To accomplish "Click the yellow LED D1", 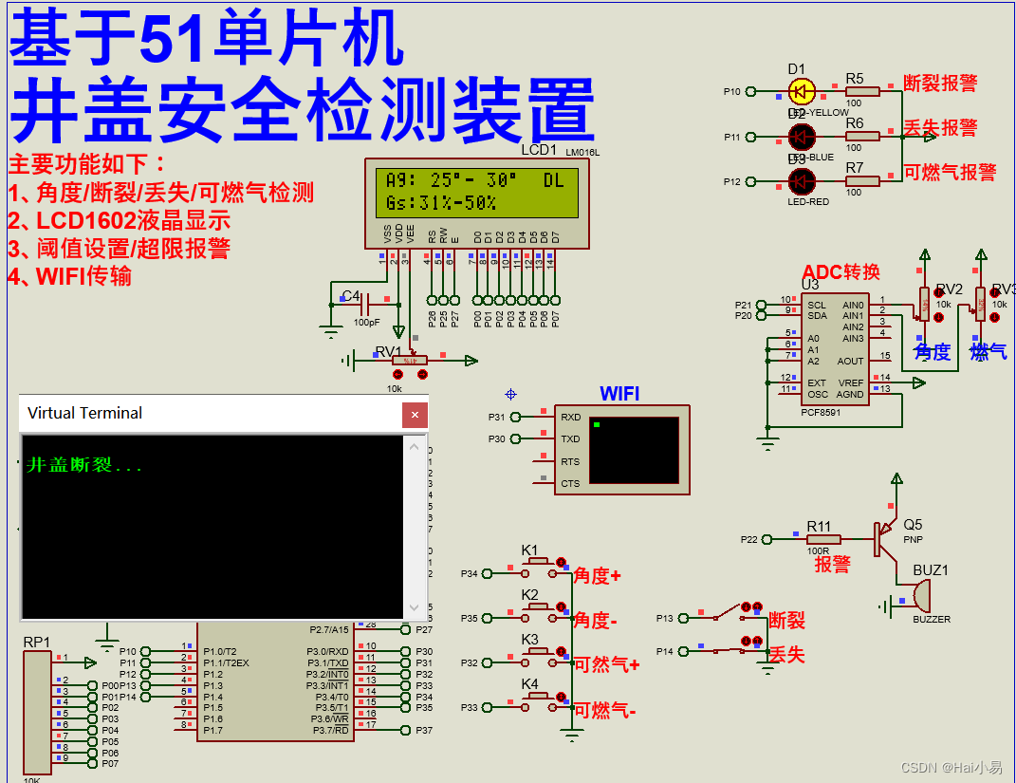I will pyautogui.click(x=802, y=92).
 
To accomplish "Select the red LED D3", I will pyautogui.click(x=802, y=181).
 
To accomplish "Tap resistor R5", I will pyautogui.click(x=862, y=92).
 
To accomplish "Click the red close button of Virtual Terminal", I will pyautogui.click(x=415, y=414).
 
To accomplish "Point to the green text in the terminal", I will pyautogui.click(x=83, y=466).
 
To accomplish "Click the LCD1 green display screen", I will pyautogui.click(x=476, y=192).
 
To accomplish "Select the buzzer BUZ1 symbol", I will pyautogui.click(x=919, y=596).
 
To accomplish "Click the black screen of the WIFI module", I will pyautogui.click(x=634, y=450).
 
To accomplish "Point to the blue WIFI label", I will pyautogui.click(x=619, y=393).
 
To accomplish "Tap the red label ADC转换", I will pyautogui.click(x=841, y=272).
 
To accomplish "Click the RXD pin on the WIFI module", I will pyautogui.click(x=570, y=417).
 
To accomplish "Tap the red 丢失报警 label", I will pyautogui.click(x=939, y=128).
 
